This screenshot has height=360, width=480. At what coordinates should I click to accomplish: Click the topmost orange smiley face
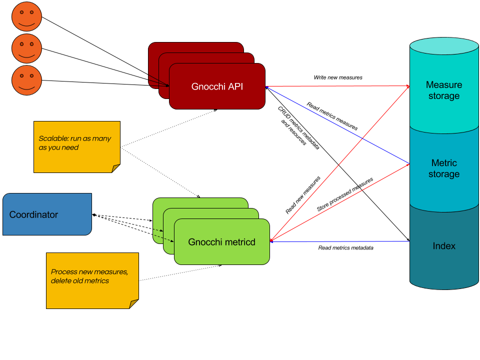point(26,16)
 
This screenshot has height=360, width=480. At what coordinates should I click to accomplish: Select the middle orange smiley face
point(26,48)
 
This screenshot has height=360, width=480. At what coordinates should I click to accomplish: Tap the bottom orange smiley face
point(26,80)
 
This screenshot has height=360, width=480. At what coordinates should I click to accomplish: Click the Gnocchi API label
point(217,86)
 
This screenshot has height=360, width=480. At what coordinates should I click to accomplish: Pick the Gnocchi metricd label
point(221,242)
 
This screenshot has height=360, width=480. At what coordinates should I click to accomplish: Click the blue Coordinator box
point(47,214)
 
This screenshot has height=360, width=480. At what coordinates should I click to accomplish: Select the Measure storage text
point(443,90)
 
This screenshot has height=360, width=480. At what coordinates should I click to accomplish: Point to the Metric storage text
point(443,168)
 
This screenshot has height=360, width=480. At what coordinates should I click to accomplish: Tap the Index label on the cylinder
point(444,246)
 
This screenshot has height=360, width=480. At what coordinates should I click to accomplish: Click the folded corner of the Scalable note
point(115,168)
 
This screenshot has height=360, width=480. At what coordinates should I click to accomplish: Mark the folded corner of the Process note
point(133,303)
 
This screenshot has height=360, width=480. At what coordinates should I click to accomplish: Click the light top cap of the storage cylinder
point(444,46)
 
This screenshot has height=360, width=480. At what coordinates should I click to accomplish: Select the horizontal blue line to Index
point(350,241)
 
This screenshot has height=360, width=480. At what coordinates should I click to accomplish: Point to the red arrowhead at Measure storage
point(407,86)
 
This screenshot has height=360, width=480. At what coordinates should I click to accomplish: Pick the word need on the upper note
point(70,147)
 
